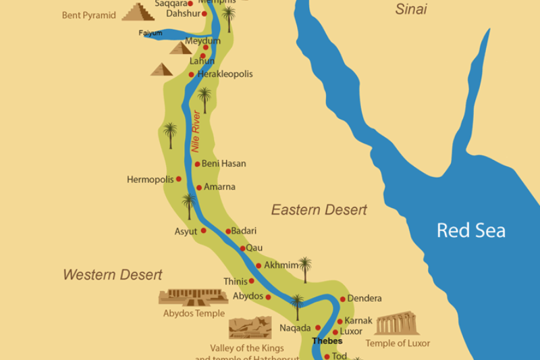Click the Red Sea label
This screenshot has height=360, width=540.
click(x=470, y=230)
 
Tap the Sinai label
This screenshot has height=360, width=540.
click(x=411, y=9)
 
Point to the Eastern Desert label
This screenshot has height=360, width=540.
click(x=319, y=210)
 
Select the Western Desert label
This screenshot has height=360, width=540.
click(x=113, y=275)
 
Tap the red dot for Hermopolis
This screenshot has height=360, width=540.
click(x=179, y=179)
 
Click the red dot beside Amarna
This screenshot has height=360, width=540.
click(x=199, y=188)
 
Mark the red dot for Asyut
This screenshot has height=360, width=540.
click(x=203, y=231)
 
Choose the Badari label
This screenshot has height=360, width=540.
click(x=244, y=231)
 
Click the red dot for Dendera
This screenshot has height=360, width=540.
click(x=342, y=299)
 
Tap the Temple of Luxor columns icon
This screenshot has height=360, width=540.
click(x=397, y=324)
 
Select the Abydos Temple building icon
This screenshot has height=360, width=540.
click(x=193, y=297)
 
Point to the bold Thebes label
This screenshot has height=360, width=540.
click(x=327, y=341)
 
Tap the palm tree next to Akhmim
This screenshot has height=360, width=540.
click(x=305, y=268)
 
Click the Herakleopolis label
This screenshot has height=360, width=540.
click(x=225, y=74)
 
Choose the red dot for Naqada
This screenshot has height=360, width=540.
click(x=319, y=328)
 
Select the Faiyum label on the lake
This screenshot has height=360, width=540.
click(x=151, y=32)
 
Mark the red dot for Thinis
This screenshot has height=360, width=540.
click(x=252, y=281)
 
